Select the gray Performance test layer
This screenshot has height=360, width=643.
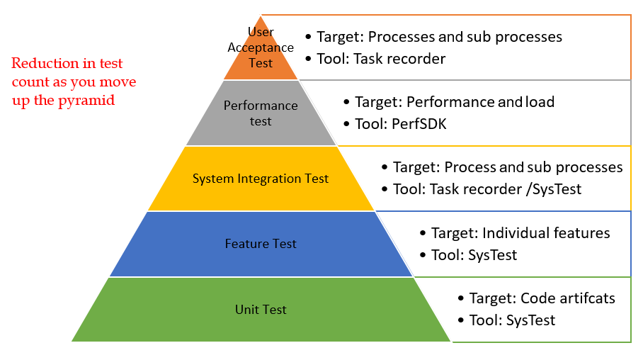tap(261, 113)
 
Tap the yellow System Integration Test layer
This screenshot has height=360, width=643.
tap(261, 179)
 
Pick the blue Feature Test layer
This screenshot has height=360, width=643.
tap(261, 244)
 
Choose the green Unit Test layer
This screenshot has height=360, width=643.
tap(261, 310)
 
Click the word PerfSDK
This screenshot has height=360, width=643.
tap(421, 124)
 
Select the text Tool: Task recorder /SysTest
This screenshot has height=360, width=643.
tap(486, 189)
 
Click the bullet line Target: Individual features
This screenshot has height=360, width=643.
tap(520, 233)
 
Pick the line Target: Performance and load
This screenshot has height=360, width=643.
tap(454, 102)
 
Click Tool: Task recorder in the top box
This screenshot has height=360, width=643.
tap(380, 59)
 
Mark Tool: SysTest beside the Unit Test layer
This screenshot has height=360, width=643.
tap(511, 320)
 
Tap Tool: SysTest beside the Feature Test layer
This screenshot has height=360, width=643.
tap(474, 255)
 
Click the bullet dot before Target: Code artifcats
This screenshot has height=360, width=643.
tap(462, 299)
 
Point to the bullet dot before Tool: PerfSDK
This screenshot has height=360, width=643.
tap(346, 125)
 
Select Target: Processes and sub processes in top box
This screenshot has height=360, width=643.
tap(438, 37)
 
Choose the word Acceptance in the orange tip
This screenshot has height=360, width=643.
tap(261, 47)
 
